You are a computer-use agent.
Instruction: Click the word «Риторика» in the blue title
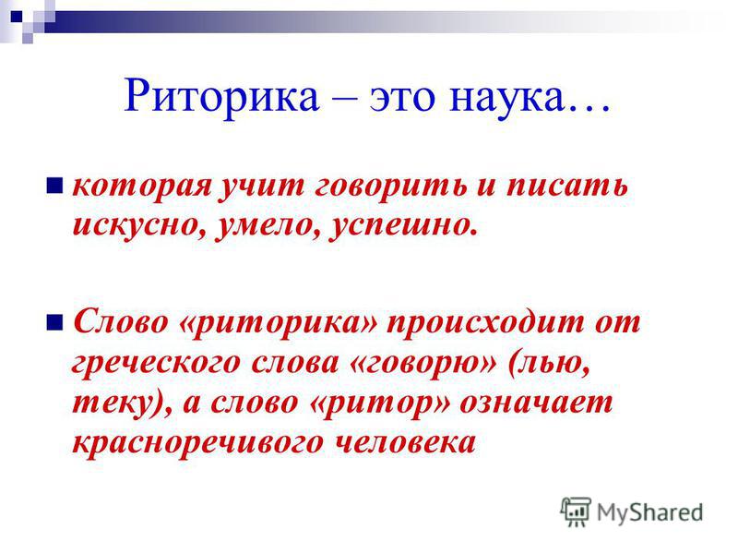221,97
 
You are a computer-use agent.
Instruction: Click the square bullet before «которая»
54,186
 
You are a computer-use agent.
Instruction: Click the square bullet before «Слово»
54,323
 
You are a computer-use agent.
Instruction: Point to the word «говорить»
390,188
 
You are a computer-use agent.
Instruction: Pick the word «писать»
567,187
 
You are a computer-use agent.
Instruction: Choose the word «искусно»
140,227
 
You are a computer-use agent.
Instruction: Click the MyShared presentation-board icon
576,512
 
